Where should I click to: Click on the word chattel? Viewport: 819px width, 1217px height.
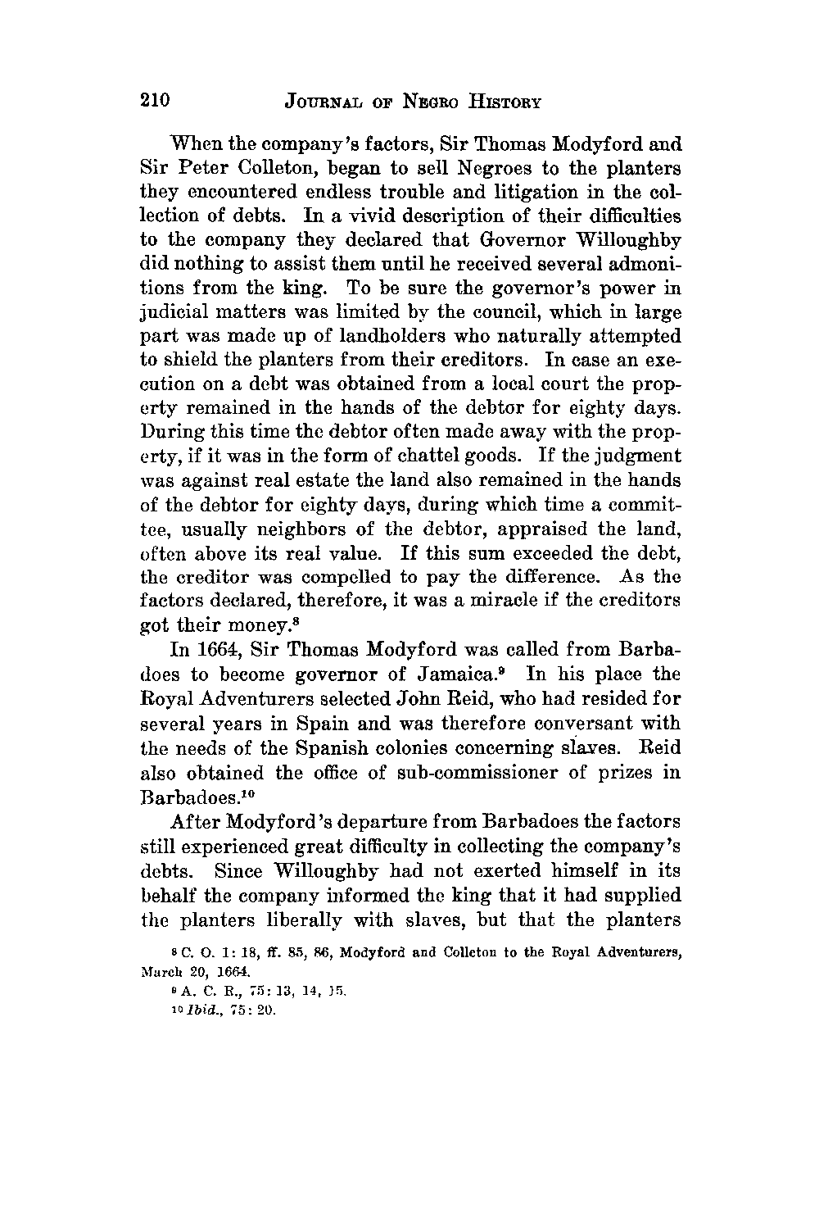coord(455,455)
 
